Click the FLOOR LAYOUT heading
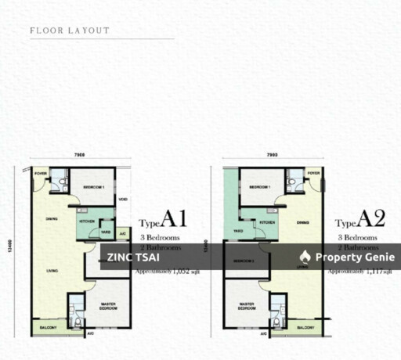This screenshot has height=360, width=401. point(70,31)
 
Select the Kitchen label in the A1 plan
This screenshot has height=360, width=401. point(86,222)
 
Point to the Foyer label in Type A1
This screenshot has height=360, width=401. point(40,174)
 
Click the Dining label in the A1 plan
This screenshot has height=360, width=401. point(52,218)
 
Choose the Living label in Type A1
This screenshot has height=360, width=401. point(52,270)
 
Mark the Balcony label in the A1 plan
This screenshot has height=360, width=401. point(48,327)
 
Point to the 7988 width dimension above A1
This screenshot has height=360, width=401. point(78,155)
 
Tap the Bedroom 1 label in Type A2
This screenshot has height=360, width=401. point(260,188)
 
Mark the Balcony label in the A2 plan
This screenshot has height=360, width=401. point(305,327)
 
